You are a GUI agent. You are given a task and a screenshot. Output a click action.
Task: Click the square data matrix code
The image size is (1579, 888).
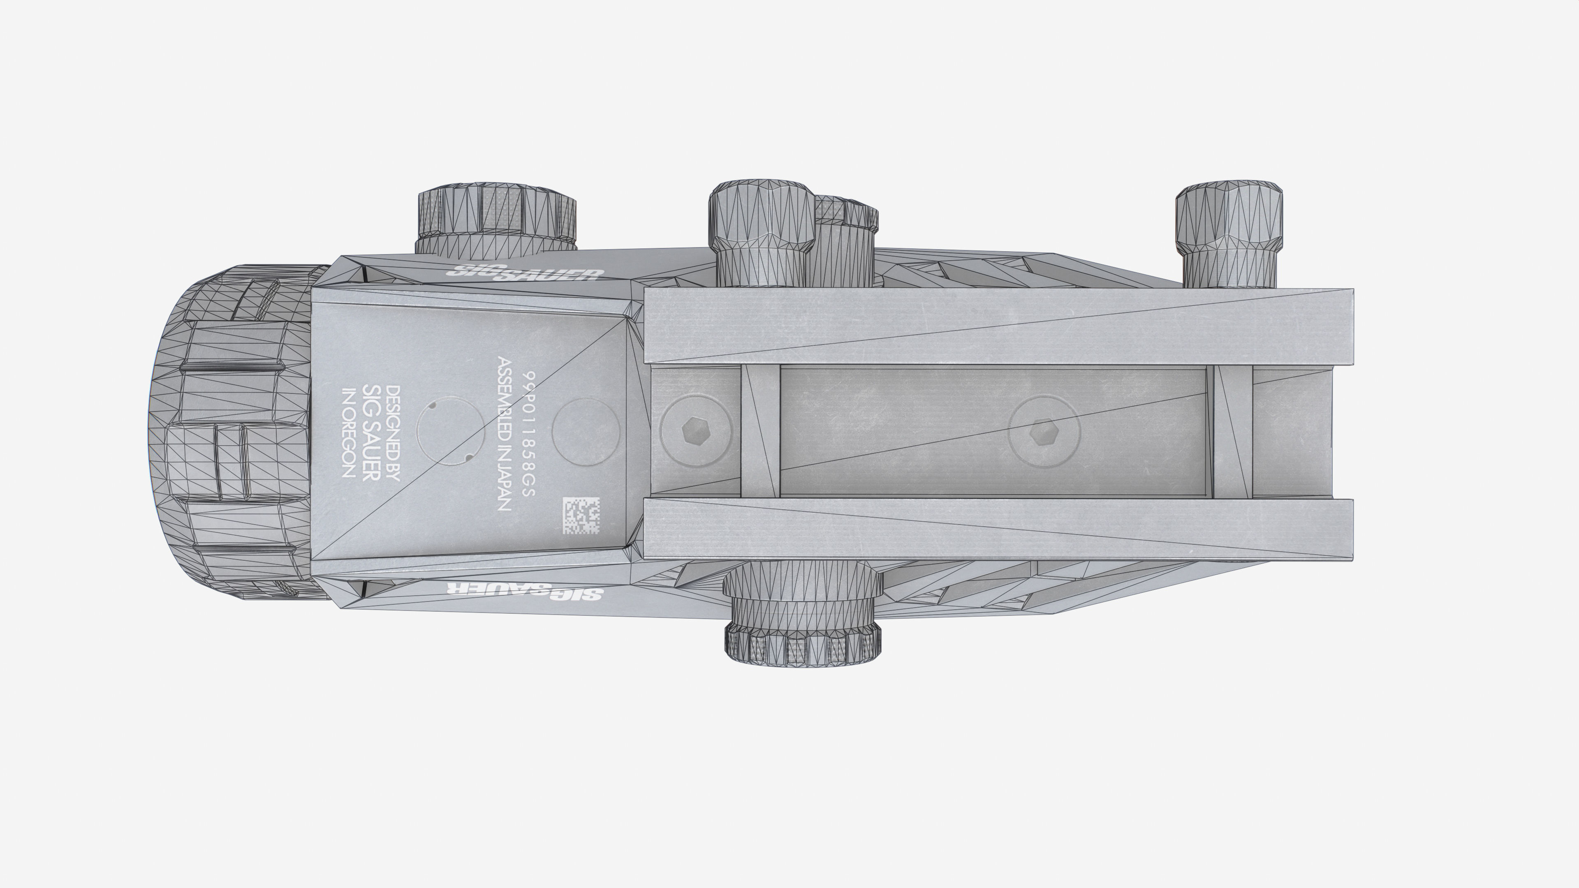click(x=581, y=516)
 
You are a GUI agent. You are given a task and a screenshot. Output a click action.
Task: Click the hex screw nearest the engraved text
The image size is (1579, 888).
click(x=696, y=431)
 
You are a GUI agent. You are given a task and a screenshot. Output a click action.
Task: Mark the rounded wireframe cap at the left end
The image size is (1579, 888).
click(x=233, y=432)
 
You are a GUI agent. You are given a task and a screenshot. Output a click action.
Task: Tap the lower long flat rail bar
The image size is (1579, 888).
click(x=998, y=528)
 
